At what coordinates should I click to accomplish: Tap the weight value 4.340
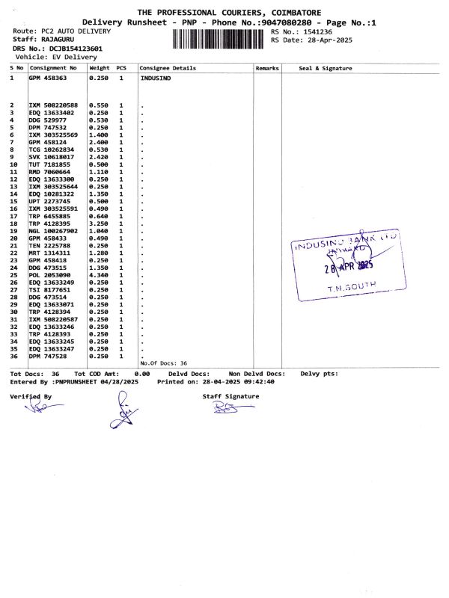click(99, 275)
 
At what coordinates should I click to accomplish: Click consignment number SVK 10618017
click(48, 157)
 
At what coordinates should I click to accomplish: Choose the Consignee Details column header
click(168, 68)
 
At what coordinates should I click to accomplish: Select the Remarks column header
click(267, 68)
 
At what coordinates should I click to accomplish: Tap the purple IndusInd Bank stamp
click(346, 268)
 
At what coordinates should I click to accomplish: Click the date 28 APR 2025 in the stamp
click(347, 266)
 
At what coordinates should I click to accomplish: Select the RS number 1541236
click(313, 32)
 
